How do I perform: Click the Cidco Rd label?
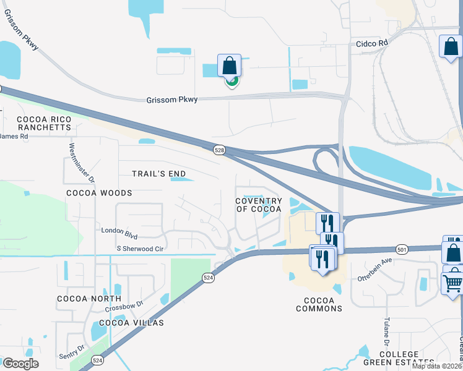371,43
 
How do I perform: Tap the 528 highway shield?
219,150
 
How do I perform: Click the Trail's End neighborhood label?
158,174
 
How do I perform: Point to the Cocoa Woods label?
99,193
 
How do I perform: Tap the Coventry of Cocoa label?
259,205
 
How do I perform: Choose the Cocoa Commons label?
319,304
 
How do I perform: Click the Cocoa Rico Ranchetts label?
44,122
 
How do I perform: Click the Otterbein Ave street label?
375,270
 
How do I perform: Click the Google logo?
20,364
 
